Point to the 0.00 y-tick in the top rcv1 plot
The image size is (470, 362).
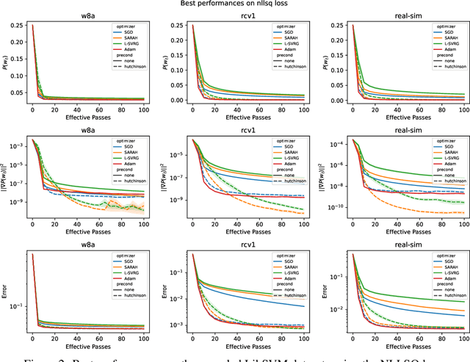pyautogui.click(x=178, y=100)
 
